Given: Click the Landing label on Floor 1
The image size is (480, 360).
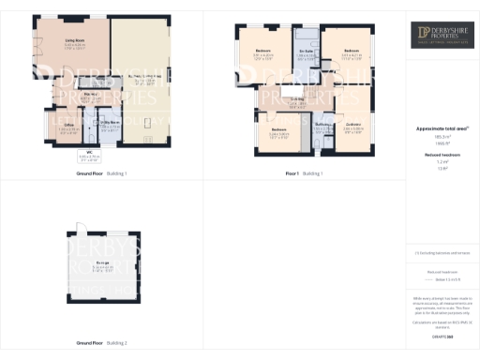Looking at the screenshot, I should click(x=297, y=100).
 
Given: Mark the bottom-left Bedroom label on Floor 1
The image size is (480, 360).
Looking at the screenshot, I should click(x=278, y=132).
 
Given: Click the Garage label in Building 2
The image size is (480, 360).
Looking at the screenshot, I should click(x=101, y=263).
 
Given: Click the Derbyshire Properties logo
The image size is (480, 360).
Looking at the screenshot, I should click(x=441, y=37).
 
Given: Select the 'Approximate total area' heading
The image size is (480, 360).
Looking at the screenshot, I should click(x=441, y=127).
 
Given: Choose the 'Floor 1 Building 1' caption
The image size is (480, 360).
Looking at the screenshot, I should click(x=304, y=173).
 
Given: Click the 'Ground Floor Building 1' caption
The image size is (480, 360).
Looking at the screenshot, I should click(x=101, y=173).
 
